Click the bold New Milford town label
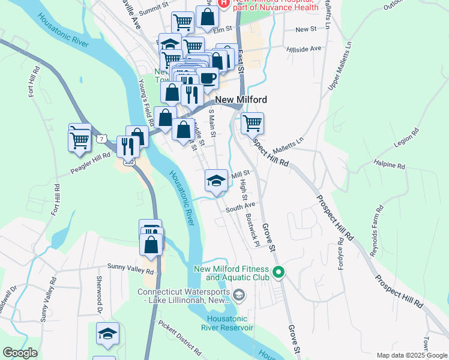(241, 100)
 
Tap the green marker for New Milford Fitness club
(278, 273)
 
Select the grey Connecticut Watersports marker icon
(239, 295)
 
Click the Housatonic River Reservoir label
(229, 323)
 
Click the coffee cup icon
(207, 77)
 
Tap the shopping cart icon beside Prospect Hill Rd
(252, 123)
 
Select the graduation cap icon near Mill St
(217, 179)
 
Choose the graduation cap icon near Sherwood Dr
(107, 333)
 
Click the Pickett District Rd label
(179, 338)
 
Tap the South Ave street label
(241, 207)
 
